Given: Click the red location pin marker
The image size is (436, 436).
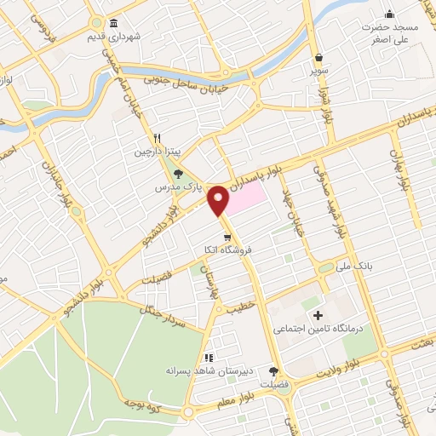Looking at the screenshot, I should (220, 200).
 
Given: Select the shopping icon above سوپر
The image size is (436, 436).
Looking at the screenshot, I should (318, 57).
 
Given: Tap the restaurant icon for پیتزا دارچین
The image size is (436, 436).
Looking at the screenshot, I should (157, 139).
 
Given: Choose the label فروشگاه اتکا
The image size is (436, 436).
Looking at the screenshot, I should (222, 249).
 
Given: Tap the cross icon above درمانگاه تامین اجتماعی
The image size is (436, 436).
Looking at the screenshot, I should (318, 314).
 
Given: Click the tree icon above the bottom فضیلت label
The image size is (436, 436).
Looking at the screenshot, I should (273, 370).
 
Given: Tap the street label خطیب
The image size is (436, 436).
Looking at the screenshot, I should (241, 304).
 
